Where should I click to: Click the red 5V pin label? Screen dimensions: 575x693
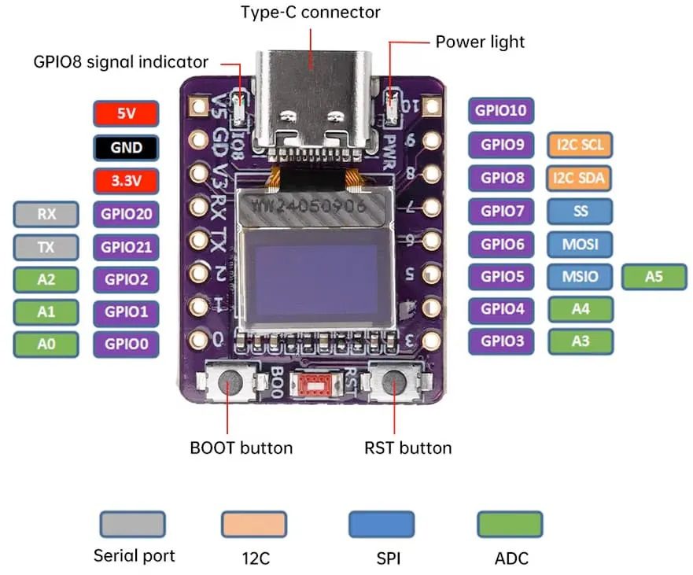[126, 113]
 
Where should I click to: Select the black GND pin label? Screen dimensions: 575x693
[126, 147]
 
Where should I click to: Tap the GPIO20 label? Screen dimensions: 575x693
[126, 213]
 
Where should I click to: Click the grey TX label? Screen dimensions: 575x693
[46, 247]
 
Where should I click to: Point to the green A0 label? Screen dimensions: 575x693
[46, 344]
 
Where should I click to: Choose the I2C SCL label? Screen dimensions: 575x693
[580, 145]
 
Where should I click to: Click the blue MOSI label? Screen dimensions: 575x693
[580, 244]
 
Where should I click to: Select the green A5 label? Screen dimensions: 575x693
[654, 277]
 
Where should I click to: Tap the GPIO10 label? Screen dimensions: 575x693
[502, 111]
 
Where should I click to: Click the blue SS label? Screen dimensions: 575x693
[580, 211]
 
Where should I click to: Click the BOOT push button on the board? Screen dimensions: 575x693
[230, 383]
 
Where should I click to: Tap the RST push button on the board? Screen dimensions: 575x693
[395, 383]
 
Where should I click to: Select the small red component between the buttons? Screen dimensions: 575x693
[316, 385]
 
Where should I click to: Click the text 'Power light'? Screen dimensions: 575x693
[480, 41]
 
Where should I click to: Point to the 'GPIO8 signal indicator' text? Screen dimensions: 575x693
[121, 61]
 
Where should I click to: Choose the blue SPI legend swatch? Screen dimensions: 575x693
[382, 524]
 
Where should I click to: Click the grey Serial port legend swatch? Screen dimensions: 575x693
[133, 524]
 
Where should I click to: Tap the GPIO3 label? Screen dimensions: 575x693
[502, 341]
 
